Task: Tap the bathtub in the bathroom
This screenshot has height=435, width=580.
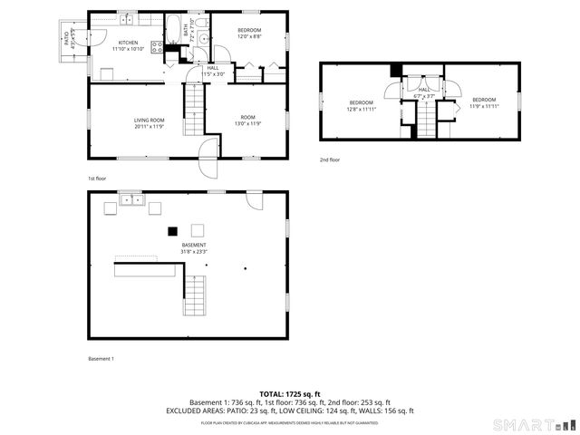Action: (173, 24)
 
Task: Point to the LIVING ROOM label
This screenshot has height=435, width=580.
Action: (149, 122)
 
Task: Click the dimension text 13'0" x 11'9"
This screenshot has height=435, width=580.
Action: (248, 123)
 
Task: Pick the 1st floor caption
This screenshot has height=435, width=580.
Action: (97, 179)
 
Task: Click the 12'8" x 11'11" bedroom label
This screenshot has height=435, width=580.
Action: (362, 105)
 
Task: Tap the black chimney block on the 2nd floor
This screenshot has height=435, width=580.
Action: (395, 72)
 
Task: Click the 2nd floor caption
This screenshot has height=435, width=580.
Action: (330, 159)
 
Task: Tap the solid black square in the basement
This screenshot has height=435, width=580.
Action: (172, 230)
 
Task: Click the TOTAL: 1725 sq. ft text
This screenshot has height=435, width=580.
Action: (289, 393)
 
